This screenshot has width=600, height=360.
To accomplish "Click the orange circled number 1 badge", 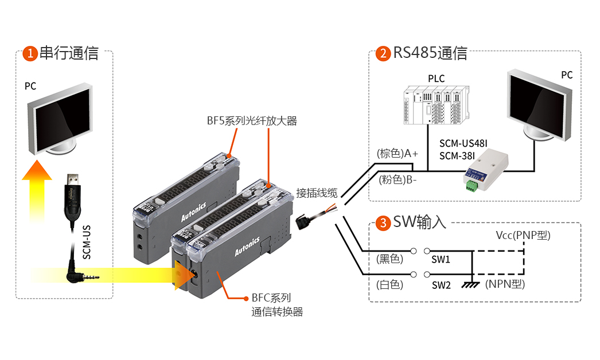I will (29, 54).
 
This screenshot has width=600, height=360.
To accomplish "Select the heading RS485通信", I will (430, 53).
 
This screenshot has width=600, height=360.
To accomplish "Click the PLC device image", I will (435, 104).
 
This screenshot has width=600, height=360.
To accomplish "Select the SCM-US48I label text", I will (463, 143).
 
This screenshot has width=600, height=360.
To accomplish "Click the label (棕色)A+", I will (397, 154).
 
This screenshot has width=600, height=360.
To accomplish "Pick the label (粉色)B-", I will (397, 179).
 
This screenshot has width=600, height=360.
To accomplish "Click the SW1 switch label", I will (441, 260).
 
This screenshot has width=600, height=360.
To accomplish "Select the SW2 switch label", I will (441, 285).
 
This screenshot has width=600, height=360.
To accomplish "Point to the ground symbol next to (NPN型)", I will (472, 284).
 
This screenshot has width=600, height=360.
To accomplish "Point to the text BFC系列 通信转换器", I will (276, 305).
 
